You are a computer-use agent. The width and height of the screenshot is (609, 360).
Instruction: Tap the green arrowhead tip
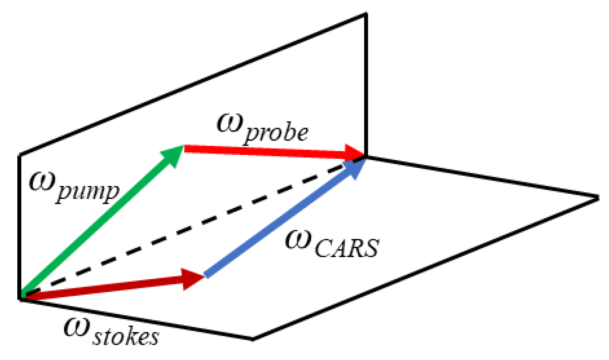tap(183, 147)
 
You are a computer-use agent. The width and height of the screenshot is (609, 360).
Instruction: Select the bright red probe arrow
tap(265, 151)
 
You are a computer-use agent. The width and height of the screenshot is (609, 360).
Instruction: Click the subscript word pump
tap(88, 191)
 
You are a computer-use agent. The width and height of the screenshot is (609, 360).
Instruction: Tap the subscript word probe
tap(276, 133)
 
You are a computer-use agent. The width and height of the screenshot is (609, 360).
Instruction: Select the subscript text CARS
tap(346, 248)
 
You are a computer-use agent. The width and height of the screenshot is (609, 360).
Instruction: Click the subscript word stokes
tap(125, 336)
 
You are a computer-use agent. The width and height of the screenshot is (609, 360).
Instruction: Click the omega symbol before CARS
tap(298, 239)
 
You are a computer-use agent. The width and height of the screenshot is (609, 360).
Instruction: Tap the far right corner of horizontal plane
tap(597, 198)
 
